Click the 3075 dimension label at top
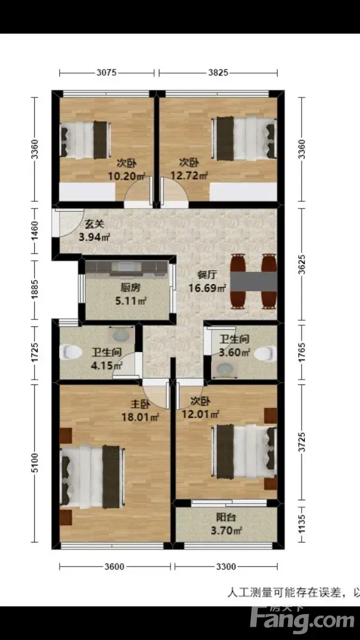[x=107, y=73]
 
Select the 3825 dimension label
[x=218, y=73]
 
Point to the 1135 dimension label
[x=302, y=524]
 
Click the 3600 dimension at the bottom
[x=114, y=566]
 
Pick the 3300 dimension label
[x=226, y=566]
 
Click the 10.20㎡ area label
[x=127, y=176]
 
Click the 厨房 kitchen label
[x=130, y=288]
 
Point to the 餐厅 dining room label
[x=206, y=275]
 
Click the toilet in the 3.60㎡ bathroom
[x=266, y=353]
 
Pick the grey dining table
[x=254, y=282]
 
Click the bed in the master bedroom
[x=92, y=477]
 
